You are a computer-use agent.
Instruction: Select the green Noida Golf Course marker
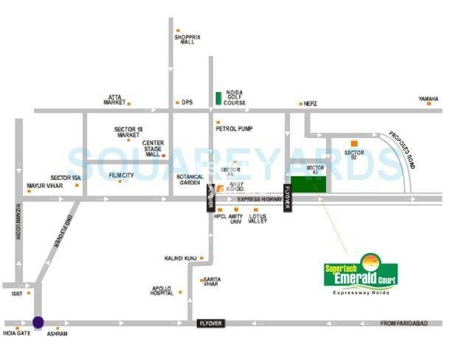[x=218, y=97]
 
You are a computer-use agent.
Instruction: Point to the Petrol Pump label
[x=234, y=128]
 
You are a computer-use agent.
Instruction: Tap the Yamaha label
[x=428, y=98]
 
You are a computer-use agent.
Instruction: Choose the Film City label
[x=121, y=176]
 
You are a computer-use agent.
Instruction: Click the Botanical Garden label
[x=190, y=180]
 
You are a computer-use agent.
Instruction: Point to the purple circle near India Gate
[x=38, y=322]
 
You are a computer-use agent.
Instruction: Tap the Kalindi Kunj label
[x=180, y=258]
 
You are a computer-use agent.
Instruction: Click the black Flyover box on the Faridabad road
[x=210, y=324]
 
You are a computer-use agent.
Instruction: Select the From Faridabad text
[x=409, y=323]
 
